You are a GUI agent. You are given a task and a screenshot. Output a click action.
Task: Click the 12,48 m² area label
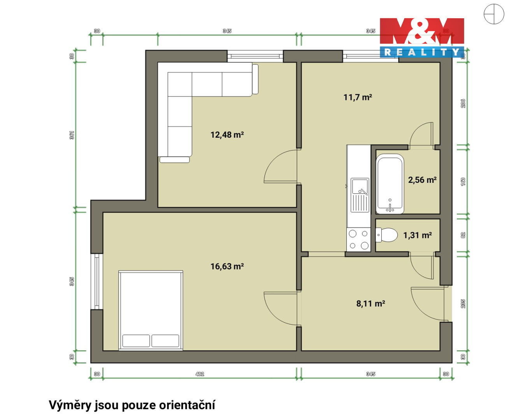(227, 135)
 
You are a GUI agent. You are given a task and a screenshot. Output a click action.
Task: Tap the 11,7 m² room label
(357, 98)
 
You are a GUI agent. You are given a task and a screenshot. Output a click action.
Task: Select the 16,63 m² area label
(227, 266)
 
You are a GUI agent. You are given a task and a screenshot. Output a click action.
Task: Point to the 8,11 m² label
(370, 304)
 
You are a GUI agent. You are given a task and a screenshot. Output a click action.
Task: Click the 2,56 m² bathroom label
(422, 180)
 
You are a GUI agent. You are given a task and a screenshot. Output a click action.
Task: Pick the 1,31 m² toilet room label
(417, 235)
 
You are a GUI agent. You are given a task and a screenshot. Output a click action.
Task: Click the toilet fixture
(386, 235)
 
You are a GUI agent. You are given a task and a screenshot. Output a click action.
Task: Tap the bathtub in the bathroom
(390, 184)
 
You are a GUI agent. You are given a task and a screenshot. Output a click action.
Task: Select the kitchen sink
(360, 195)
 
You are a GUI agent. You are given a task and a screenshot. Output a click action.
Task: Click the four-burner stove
(358, 240)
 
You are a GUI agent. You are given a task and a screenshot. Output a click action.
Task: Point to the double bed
(151, 310)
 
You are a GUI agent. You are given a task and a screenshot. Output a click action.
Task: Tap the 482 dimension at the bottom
(200, 374)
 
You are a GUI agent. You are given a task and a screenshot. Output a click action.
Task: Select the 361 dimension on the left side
(72, 135)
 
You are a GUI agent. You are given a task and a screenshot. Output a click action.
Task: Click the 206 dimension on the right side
(463, 103)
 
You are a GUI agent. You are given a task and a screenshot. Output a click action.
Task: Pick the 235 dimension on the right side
(463, 304)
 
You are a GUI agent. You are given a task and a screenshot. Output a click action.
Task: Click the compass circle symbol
(494, 14)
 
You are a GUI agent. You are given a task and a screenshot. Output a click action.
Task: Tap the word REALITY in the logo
(422, 52)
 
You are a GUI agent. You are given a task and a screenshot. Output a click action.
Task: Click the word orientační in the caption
(187, 405)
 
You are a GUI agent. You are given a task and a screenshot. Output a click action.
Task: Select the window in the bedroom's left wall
(97, 282)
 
